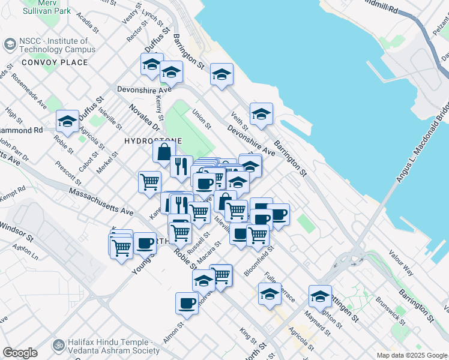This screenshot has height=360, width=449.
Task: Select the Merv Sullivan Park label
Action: pos(47,7)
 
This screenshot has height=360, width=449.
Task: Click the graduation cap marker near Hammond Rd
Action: pos(67,121)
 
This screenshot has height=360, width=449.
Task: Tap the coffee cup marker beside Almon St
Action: pos(187,303)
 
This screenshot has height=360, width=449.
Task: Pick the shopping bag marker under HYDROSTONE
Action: pos(164,152)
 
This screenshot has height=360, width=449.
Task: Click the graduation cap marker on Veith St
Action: pos(261,114)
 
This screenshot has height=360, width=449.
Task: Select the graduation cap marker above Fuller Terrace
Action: pos(270,294)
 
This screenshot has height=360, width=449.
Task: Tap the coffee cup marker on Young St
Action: pos(145,243)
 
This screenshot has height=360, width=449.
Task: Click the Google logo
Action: pos(20,353)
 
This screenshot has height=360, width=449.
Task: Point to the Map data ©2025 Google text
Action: pos(412,355)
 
